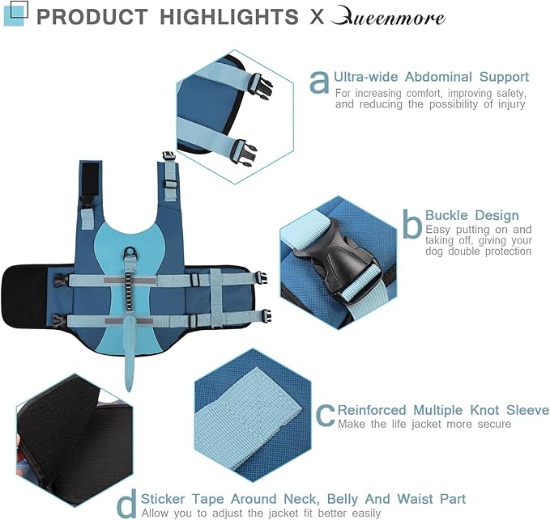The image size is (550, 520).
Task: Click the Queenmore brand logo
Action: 388,17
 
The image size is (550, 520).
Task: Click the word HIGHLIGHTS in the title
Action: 229,17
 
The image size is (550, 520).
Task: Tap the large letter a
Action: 319,82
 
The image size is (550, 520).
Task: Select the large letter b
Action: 412,224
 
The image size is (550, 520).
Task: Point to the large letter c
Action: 325,416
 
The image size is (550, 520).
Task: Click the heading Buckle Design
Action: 471,215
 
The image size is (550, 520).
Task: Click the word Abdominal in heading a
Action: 438,77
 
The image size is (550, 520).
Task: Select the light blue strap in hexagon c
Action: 248,418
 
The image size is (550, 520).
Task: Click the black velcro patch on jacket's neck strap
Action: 90,180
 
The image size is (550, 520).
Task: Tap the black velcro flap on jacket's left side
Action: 24,296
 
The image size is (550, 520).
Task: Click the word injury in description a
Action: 512,104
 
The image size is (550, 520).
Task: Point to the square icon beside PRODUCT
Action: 15,13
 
